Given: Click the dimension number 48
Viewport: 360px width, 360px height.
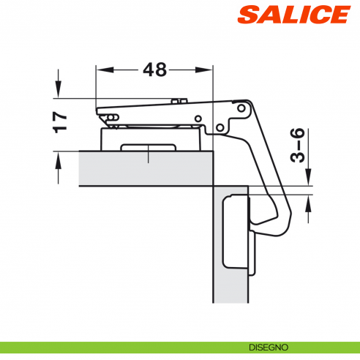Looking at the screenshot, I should pos(155,70).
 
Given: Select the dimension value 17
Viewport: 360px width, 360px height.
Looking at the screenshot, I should pos(61,121).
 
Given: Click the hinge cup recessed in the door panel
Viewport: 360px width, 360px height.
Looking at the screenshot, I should pos(236,230).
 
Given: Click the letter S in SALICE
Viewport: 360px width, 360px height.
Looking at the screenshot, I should pos(247,15).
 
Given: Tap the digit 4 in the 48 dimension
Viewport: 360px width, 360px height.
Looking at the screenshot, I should pos(149,70).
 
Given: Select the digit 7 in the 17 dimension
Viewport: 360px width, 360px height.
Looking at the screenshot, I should pos(61,115).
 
